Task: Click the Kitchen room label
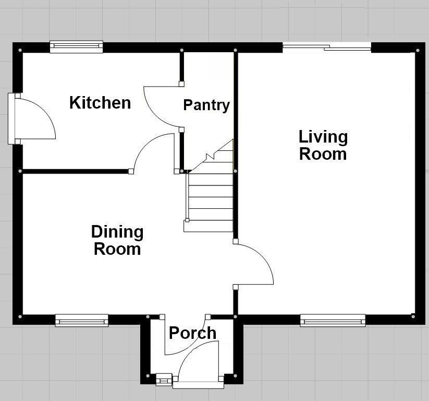[x=100, y=102]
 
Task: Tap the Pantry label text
[x=206, y=105]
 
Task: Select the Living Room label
[x=323, y=145]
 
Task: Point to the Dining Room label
[x=117, y=240]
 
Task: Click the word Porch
[x=192, y=333]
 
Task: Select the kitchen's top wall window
[x=77, y=47]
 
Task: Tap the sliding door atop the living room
[x=327, y=48]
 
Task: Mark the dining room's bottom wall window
[x=82, y=320]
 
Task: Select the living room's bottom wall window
[x=333, y=320]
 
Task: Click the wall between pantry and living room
[x=236, y=104]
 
